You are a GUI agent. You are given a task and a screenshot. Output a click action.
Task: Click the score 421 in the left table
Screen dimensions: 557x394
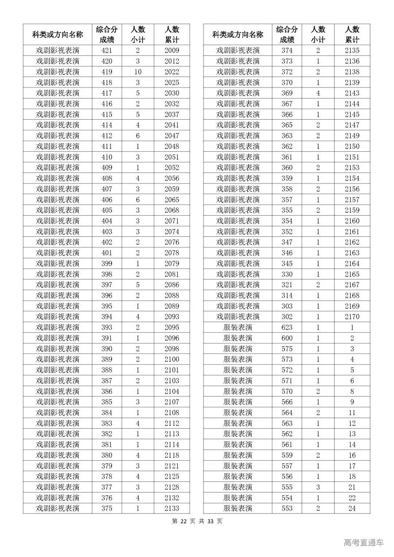(x=107, y=50)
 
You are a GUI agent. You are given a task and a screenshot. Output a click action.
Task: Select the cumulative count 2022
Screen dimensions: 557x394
(x=171, y=72)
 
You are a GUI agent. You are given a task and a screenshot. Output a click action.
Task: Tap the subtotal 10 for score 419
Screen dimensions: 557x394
(x=138, y=72)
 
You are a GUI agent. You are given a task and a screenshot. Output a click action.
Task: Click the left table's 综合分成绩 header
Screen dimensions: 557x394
(x=107, y=35)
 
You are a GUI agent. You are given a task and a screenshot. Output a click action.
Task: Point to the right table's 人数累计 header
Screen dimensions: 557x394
(x=352, y=35)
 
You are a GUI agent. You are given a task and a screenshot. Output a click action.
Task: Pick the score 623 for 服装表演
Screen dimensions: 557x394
(x=287, y=327)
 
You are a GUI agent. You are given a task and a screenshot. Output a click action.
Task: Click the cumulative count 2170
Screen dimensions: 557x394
(x=352, y=317)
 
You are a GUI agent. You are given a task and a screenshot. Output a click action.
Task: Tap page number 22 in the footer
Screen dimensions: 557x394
(x=183, y=521)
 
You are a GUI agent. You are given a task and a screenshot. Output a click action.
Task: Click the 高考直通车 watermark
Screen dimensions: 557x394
(x=363, y=542)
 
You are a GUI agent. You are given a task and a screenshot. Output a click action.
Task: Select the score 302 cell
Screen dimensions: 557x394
(x=287, y=317)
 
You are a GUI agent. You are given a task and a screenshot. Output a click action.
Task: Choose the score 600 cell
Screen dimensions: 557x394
(x=287, y=338)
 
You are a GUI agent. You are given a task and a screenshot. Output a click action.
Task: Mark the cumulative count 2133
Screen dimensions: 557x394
(x=171, y=508)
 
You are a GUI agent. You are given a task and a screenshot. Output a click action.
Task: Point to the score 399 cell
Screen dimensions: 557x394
(x=107, y=263)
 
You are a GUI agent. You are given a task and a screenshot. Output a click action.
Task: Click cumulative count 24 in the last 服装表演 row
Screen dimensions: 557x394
(x=352, y=508)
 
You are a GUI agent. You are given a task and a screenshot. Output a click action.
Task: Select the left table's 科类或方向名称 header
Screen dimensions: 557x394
(x=58, y=35)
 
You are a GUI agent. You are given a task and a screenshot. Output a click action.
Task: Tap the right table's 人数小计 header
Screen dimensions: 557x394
(x=318, y=35)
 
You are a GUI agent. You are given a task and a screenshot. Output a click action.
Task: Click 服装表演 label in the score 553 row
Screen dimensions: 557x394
(x=237, y=508)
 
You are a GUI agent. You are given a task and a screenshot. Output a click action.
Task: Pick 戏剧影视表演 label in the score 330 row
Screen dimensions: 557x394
(x=237, y=274)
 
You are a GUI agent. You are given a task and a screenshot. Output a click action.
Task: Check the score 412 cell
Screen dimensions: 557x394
(x=107, y=136)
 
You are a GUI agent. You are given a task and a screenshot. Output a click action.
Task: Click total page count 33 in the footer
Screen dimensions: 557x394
(x=210, y=521)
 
